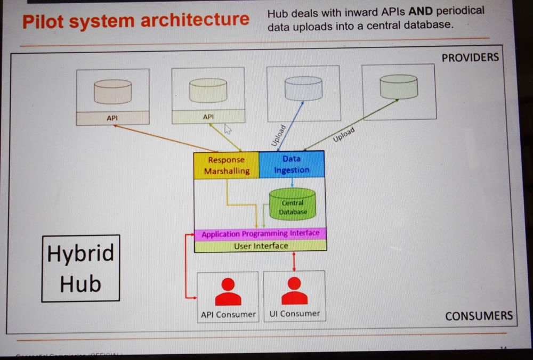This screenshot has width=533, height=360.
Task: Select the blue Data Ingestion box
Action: point(292,164)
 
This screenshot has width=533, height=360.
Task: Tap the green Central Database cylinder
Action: point(293,204)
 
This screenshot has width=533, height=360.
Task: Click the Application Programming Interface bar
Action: point(261,234)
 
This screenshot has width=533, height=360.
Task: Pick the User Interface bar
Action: point(261,246)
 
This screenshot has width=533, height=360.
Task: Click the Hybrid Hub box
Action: point(80,268)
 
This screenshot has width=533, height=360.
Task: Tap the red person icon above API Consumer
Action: point(228,292)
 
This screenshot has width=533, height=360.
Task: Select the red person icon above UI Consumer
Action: point(294,291)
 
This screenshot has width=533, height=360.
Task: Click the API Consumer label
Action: point(228,314)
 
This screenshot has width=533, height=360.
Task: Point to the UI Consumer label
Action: point(295,314)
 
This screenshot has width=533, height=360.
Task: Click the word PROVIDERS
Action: point(470,58)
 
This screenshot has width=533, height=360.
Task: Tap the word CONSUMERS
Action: point(479,316)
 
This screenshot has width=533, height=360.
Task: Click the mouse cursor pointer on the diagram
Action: point(228,129)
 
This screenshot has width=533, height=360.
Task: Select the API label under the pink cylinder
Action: point(112,117)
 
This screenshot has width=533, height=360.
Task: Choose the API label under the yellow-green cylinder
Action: point(208,116)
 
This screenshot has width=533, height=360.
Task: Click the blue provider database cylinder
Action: point(303,88)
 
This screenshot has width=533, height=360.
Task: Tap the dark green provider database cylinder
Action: point(399,86)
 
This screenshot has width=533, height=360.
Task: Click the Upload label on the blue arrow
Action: point(279,135)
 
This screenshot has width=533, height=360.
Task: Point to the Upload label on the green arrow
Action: point(344,135)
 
